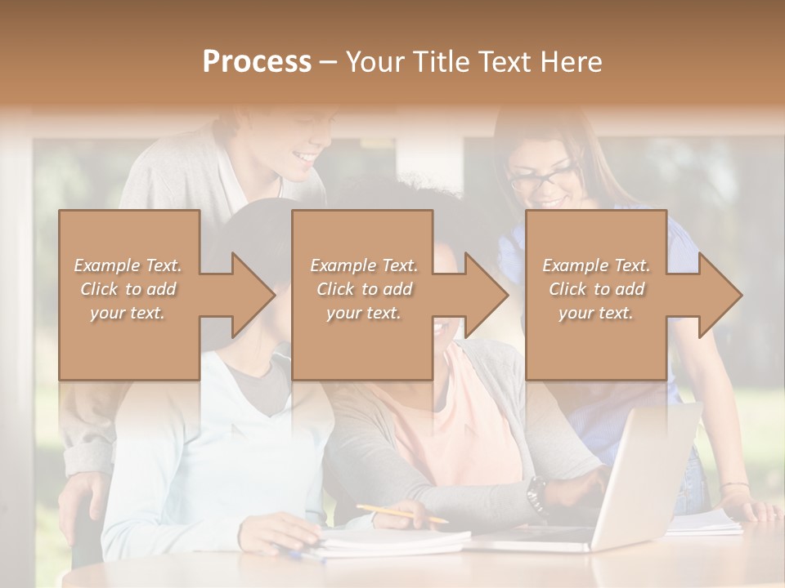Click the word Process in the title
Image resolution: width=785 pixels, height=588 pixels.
[257, 62]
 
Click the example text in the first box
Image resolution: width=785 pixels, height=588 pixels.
[128, 289]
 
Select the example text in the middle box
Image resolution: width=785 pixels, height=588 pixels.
[363, 289]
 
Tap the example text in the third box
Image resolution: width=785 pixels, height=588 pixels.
[596, 289]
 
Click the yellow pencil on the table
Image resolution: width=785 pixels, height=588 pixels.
[401, 514]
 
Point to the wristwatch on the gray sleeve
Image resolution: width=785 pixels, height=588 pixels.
[536, 492]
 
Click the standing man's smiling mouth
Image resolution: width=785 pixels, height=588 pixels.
[304, 155]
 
